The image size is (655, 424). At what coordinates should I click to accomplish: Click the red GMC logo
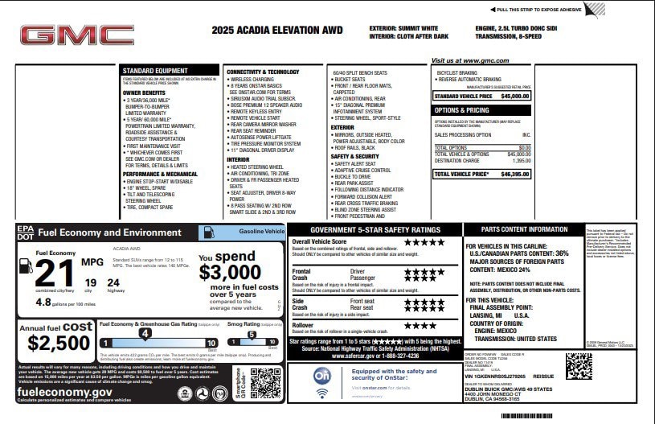click(76, 35)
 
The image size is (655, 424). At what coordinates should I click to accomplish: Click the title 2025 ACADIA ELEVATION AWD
click(277, 31)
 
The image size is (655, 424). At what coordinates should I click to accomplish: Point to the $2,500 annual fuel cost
click(59, 343)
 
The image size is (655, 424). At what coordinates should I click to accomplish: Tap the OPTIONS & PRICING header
click(461, 110)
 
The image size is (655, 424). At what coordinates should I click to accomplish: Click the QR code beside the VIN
click(579, 366)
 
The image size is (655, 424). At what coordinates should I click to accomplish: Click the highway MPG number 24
click(113, 282)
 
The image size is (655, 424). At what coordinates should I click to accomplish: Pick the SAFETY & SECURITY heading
click(355, 156)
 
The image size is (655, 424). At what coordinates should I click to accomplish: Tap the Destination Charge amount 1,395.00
click(521, 161)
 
